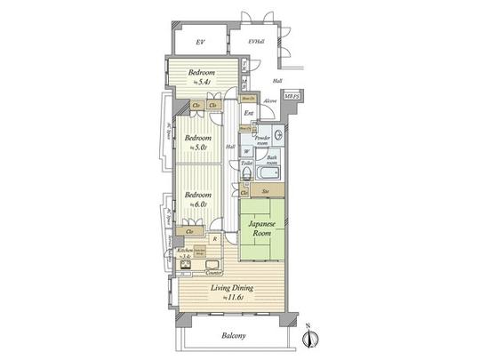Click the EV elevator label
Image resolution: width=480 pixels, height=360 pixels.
201,42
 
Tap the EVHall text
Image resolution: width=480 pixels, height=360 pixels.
257,42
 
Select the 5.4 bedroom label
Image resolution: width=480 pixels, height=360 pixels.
200,76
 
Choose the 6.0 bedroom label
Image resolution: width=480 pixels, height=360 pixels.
197,198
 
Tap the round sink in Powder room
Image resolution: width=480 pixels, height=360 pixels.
277,135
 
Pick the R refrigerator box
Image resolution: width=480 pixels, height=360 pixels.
213,239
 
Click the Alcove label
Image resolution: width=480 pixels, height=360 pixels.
270,101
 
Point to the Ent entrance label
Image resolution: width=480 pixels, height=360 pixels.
249,113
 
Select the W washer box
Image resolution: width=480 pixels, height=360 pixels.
246,151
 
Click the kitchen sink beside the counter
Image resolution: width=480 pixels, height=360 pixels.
188,265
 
